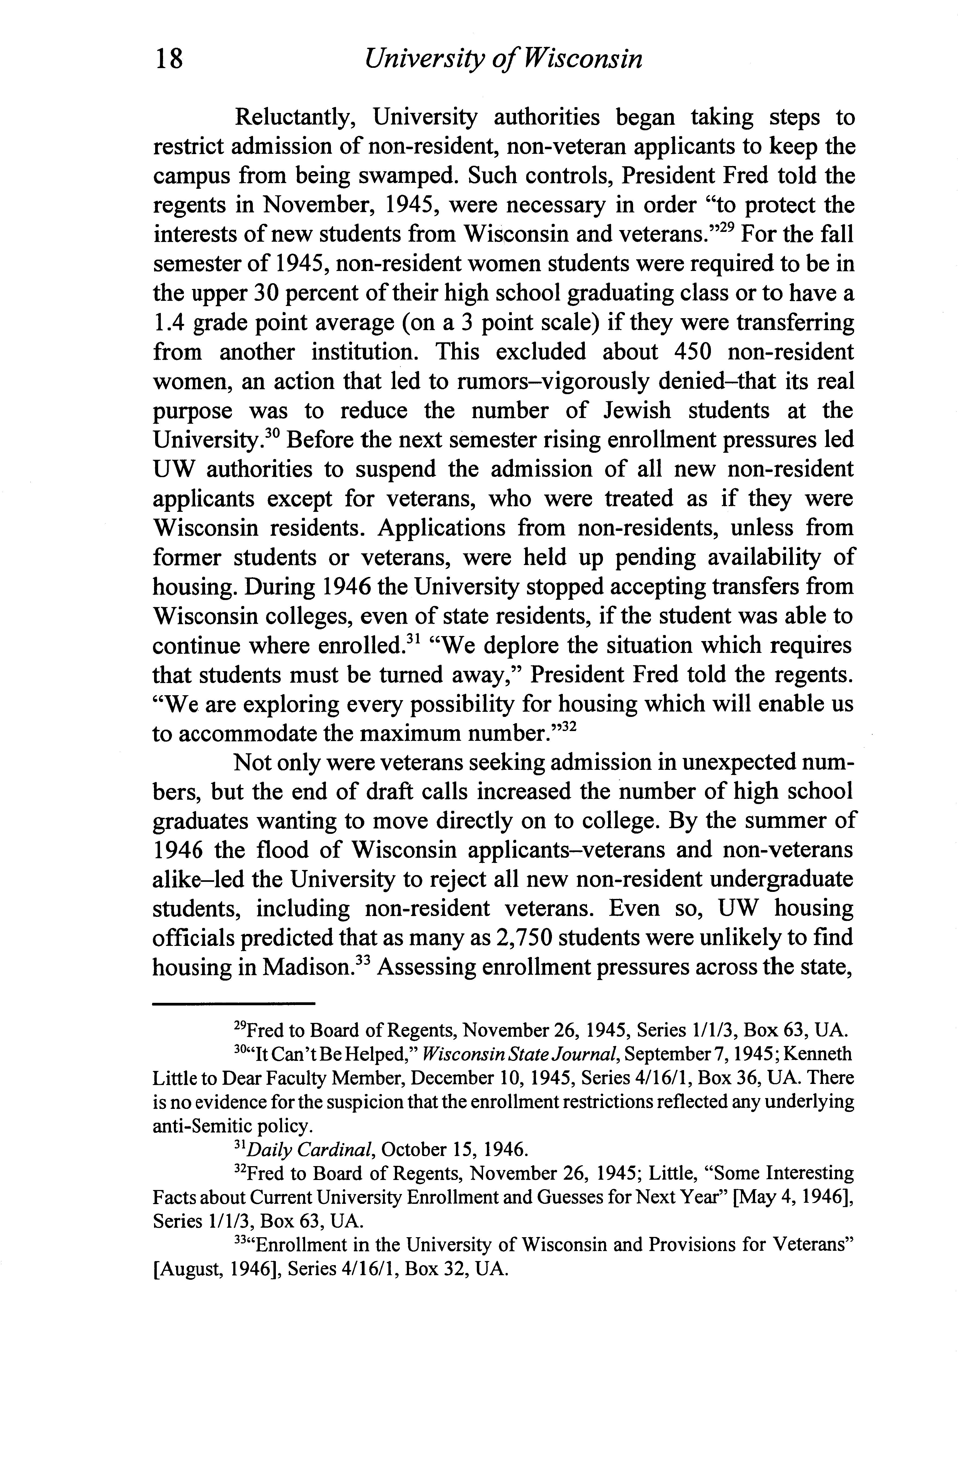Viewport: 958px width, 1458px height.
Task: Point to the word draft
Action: (385, 792)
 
